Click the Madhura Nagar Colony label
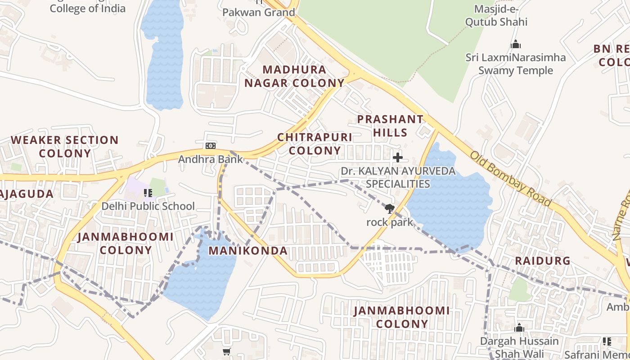point(294,76)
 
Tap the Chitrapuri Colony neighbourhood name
point(315,144)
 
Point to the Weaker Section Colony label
point(65,146)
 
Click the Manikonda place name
point(248,251)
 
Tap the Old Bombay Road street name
point(511,179)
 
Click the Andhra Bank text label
point(210,159)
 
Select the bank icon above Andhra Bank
point(210,145)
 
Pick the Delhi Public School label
point(148,206)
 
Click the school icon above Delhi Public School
point(148,193)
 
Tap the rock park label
point(390,222)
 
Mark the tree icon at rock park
point(389,208)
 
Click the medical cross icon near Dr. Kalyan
point(398,157)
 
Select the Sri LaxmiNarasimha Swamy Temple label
point(515,64)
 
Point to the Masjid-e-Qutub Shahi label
point(496,15)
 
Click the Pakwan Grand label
point(259,12)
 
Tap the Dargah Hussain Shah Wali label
point(519,347)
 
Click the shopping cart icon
point(226,351)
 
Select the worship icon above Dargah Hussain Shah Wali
point(519,328)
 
